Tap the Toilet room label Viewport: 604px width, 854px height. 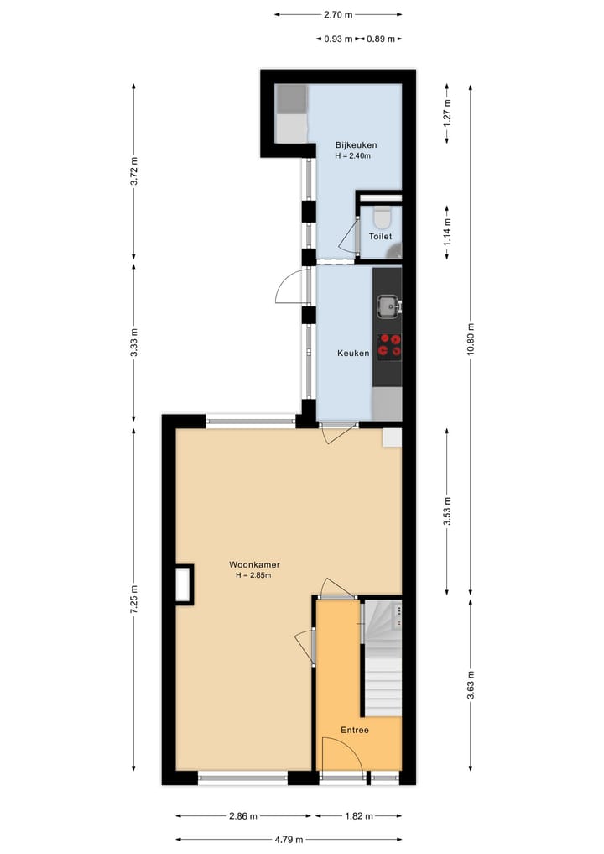(x=380, y=237)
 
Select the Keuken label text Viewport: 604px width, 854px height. (x=353, y=354)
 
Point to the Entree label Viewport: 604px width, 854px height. (x=355, y=730)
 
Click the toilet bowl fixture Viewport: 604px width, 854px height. (x=382, y=217)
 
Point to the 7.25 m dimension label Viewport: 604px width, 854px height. (x=134, y=600)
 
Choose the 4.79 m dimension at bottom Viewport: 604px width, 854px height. (x=289, y=839)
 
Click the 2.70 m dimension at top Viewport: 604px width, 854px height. (x=338, y=14)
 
